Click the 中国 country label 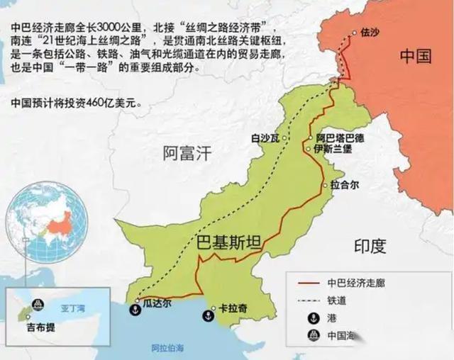point(415,56)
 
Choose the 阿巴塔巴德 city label point(340,138)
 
